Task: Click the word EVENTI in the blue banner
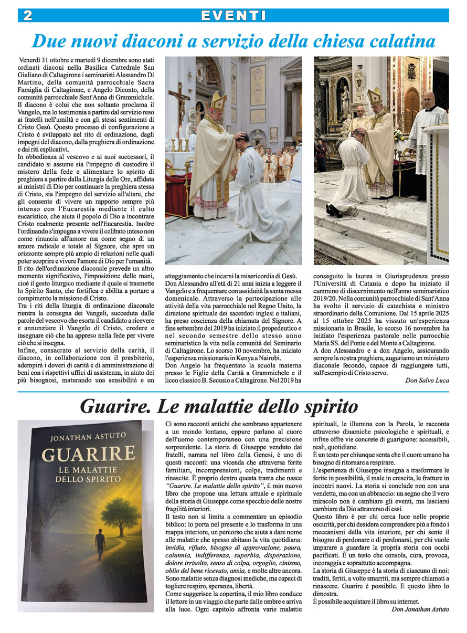233,15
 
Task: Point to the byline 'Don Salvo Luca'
427,381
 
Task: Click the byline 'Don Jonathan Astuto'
420,609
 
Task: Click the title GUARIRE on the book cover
88,455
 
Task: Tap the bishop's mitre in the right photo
374,96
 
